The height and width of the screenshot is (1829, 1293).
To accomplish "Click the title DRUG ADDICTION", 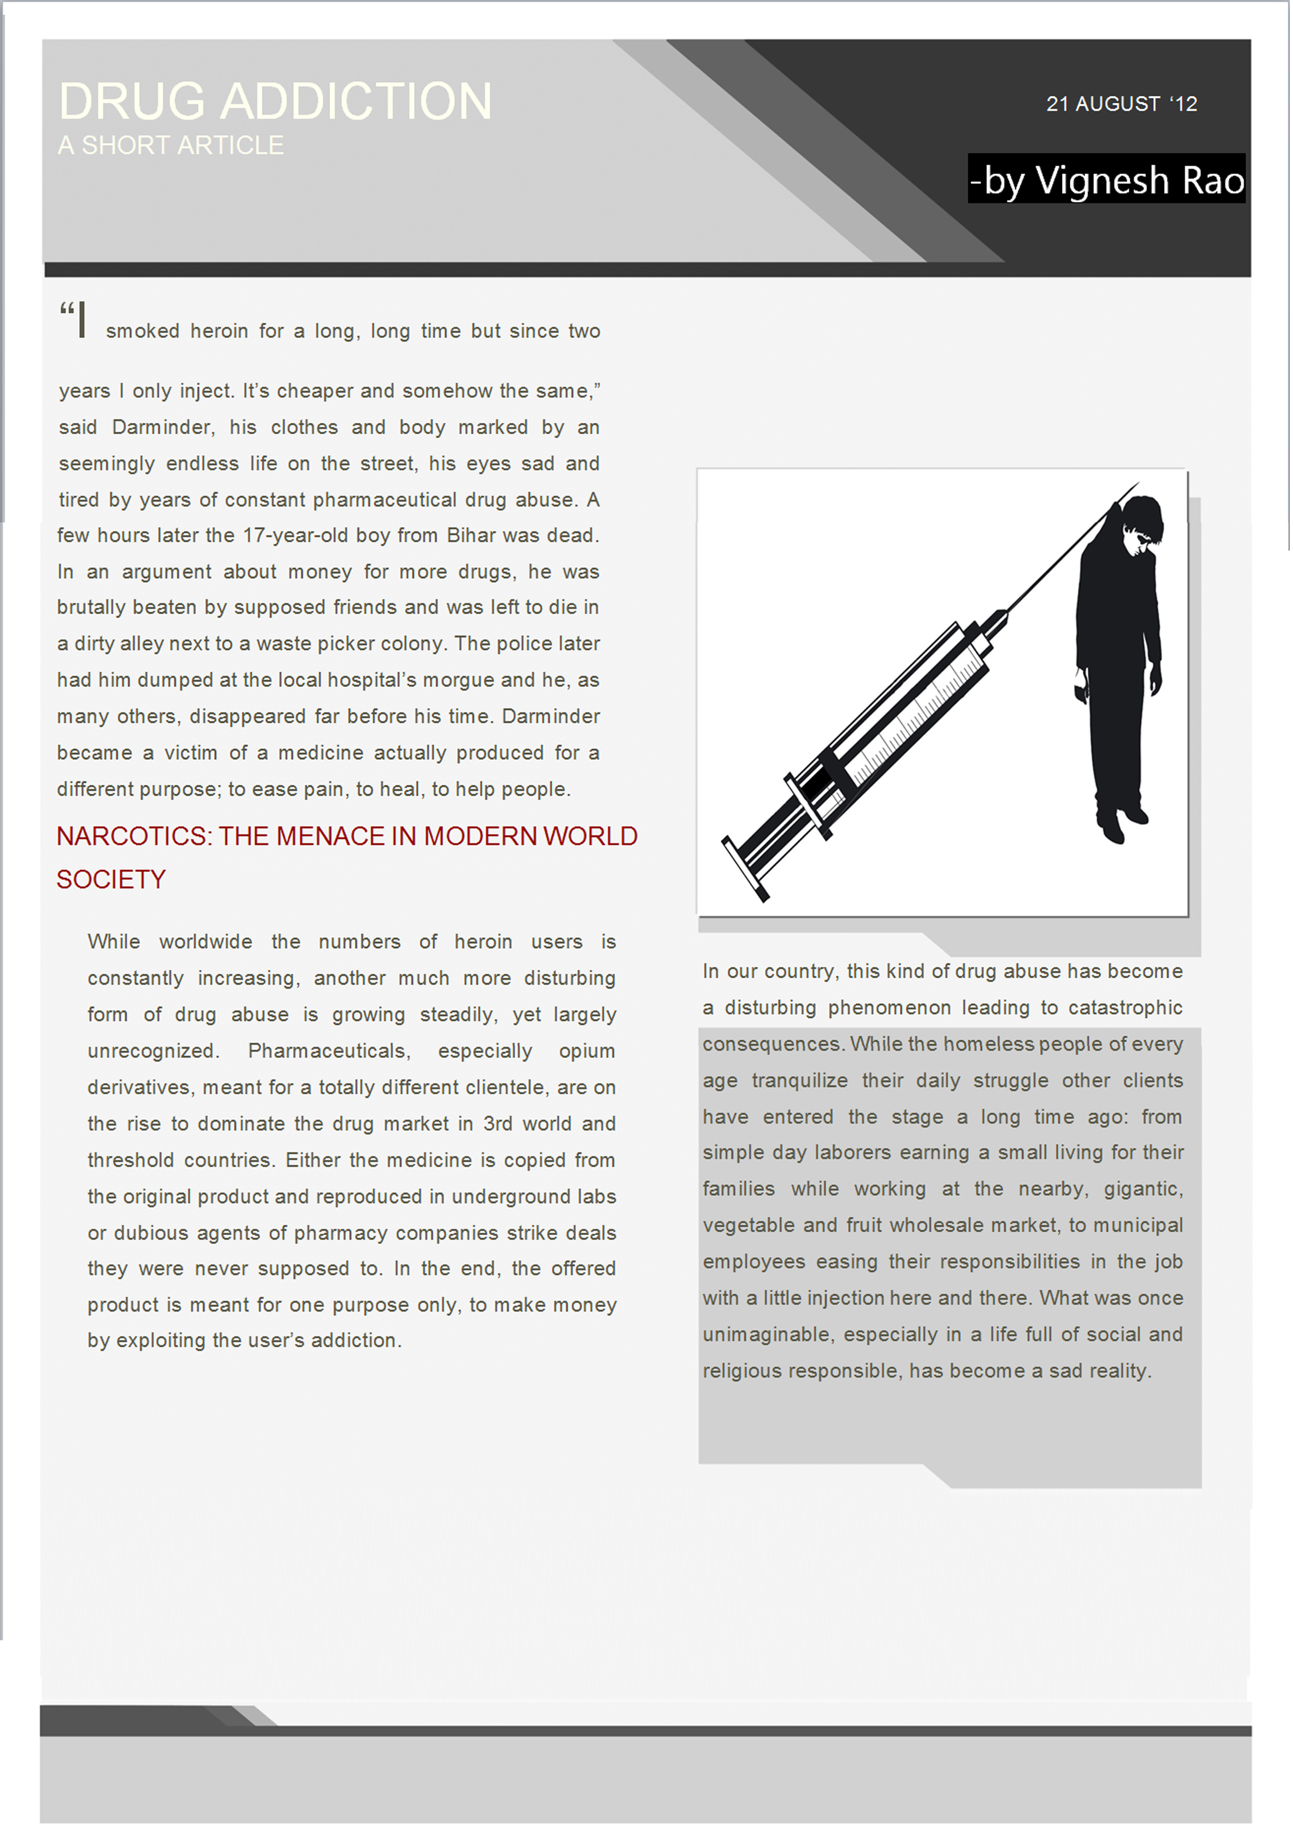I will click(276, 101).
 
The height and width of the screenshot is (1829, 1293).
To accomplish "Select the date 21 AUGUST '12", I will click(1121, 104).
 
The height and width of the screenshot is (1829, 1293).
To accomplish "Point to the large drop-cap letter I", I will click(81, 320).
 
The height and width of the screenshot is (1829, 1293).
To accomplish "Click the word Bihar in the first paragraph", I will click(471, 535).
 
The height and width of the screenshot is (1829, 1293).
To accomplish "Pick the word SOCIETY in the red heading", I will click(111, 880).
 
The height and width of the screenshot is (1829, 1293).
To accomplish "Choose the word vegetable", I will click(747, 1226).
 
